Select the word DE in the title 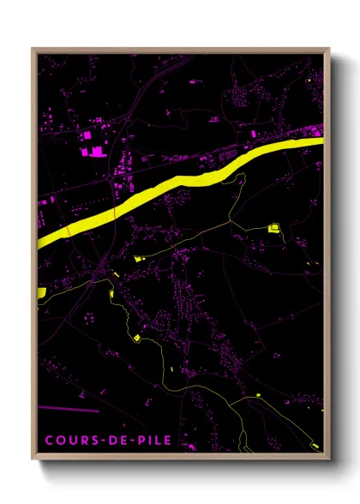117,441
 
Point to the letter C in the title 48,441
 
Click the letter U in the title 71,441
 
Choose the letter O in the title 59,441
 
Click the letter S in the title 94,441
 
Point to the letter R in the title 83,441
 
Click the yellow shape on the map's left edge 40,293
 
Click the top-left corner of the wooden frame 33,49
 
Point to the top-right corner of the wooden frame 330,49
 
